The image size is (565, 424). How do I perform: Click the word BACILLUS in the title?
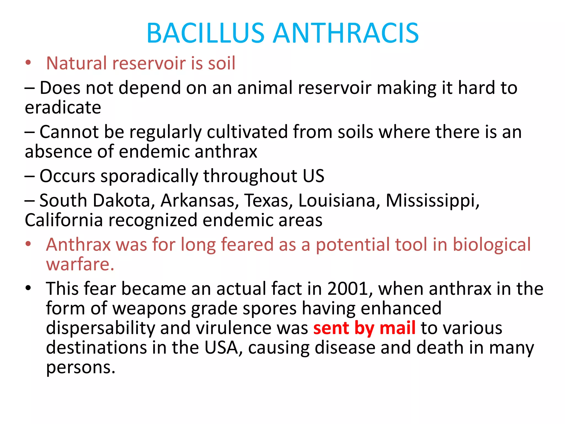click(206, 33)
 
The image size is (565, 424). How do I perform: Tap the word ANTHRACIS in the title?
click(346, 33)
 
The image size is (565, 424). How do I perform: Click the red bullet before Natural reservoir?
click(28, 63)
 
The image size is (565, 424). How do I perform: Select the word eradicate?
click(63, 107)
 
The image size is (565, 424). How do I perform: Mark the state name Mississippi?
click(432, 201)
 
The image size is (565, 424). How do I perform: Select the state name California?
click(64, 220)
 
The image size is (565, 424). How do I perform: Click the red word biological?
click(492, 245)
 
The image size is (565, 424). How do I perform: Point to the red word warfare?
click(80, 264)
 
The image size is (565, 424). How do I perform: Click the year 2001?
click(350, 289)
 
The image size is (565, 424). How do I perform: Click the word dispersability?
click(101, 328)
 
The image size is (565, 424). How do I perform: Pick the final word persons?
click(80, 368)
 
